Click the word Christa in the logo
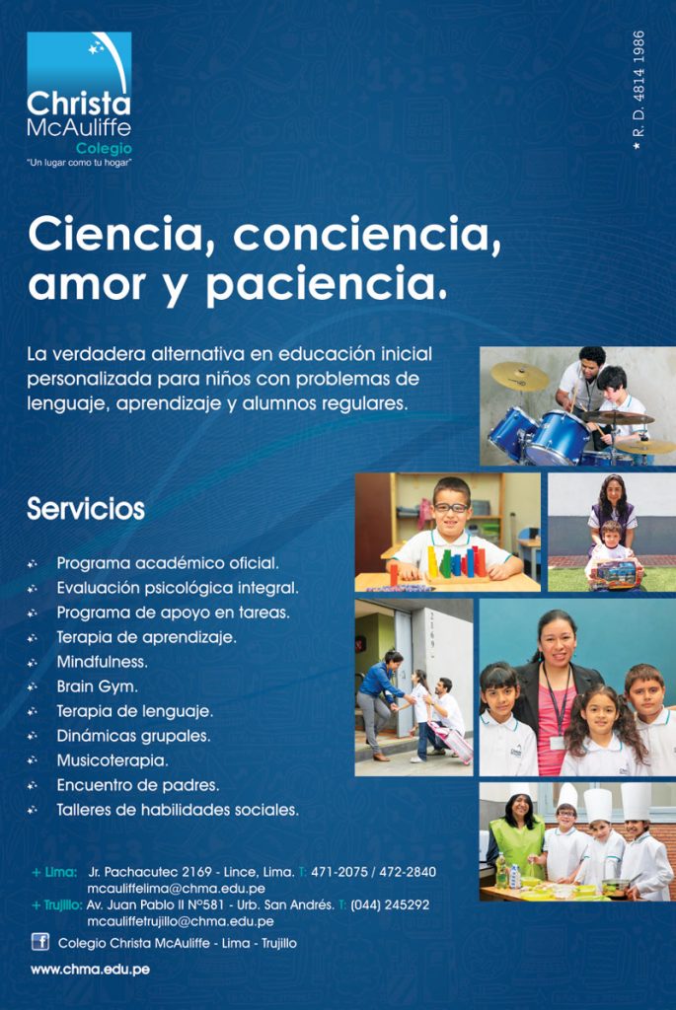coord(79,104)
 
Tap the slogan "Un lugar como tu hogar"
coord(79,163)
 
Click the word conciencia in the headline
coord(367,235)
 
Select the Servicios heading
coord(86,509)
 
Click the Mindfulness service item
coord(102,662)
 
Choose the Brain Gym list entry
coord(98,686)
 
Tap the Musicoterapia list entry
coord(113,760)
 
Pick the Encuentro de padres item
coord(138,785)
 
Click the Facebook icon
coord(39,942)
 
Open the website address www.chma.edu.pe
coord(90,970)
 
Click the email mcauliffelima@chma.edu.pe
coord(176,889)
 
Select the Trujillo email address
coord(181,922)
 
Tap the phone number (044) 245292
coord(389,905)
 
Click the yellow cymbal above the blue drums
coord(519,376)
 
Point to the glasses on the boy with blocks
coord(451,508)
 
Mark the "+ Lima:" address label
coord(54,872)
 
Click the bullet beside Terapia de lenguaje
coord(33,712)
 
